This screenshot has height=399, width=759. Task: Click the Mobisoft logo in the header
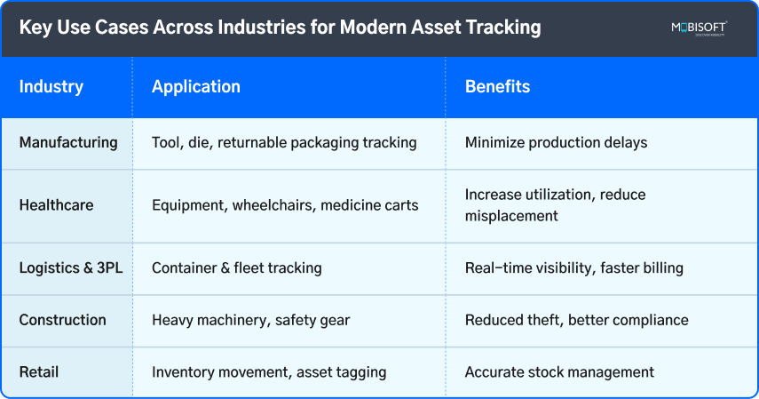(x=699, y=28)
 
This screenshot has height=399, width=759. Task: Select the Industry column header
(x=51, y=87)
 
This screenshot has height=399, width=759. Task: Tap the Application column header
(x=196, y=87)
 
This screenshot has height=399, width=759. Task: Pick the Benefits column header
(x=497, y=87)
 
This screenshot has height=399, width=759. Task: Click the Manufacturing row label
(x=68, y=142)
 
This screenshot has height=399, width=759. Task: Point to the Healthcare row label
(x=57, y=205)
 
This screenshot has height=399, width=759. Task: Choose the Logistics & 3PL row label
(x=71, y=267)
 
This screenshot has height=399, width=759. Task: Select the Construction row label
(x=62, y=320)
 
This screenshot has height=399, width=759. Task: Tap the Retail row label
(x=37, y=372)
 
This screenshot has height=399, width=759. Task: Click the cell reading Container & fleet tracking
(x=237, y=267)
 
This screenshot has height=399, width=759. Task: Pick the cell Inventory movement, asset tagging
(x=269, y=372)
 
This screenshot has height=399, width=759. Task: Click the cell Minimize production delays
(x=557, y=142)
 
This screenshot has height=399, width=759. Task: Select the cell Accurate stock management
(x=560, y=372)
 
